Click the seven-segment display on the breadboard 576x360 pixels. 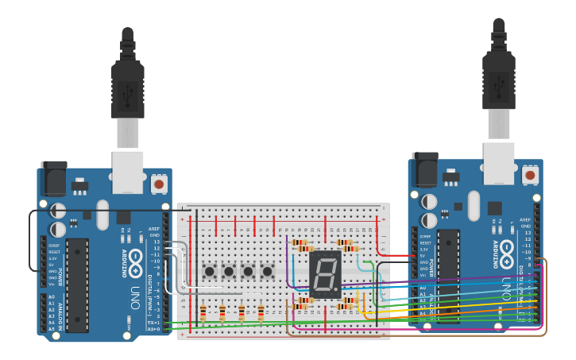point(325,274)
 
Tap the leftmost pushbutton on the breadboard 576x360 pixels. point(210,272)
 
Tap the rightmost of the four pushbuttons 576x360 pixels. point(267,272)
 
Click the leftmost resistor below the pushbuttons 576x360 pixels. point(203,312)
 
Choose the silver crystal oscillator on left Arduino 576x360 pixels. point(102,215)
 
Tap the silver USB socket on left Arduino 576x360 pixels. point(127,171)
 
